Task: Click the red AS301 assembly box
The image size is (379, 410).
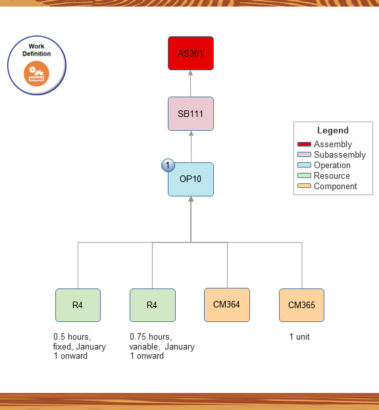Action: (x=191, y=53)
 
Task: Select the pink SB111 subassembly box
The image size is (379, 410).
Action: (x=191, y=114)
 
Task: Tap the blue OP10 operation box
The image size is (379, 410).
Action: (x=191, y=179)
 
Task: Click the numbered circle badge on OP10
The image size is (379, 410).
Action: (x=168, y=165)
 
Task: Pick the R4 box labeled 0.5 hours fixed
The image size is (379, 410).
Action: (x=78, y=305)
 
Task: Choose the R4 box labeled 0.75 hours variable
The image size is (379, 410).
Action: (x=152, y=305)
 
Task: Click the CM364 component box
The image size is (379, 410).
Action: (x=227, y=305)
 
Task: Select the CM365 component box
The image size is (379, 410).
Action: (x=301, y=305)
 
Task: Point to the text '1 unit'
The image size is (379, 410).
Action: (x=299, y=337)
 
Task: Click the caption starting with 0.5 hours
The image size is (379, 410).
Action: (x=79, y=346)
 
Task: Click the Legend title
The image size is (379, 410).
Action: (x=333, y=131)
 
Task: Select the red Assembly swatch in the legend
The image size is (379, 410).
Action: (x=304, y=145)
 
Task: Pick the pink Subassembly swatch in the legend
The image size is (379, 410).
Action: (x=304, y=155)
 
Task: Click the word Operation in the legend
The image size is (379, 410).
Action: (x=332, y=166)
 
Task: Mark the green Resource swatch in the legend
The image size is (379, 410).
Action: (x=304, y=176)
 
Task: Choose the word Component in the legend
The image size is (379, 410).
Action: (x=335, y=187)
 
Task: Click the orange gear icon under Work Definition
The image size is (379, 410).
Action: (x=37, y=74)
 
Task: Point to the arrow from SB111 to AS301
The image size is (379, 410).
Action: (x=191, y=83)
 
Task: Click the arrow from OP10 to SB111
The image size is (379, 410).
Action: (x=191, y=147)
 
